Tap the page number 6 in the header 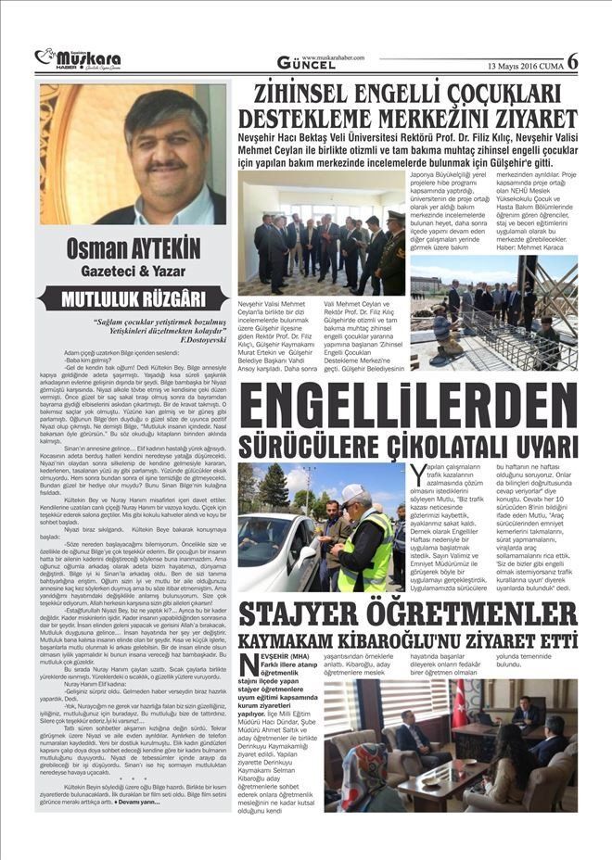tap(572, 61)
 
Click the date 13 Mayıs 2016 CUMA tap(525, 65)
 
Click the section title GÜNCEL tap(307, 63)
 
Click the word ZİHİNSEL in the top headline tap(307, 94)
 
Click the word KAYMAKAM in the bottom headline tap(301, 641)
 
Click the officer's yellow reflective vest tap(366, 556)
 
